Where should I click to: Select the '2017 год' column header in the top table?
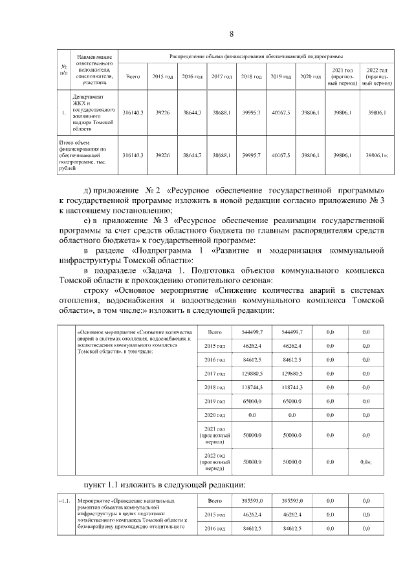pos(222,76)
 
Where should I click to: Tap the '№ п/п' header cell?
pos(63,70)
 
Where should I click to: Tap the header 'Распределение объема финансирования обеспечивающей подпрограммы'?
pos(256,57)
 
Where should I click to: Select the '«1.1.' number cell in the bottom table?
pos(65,501)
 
